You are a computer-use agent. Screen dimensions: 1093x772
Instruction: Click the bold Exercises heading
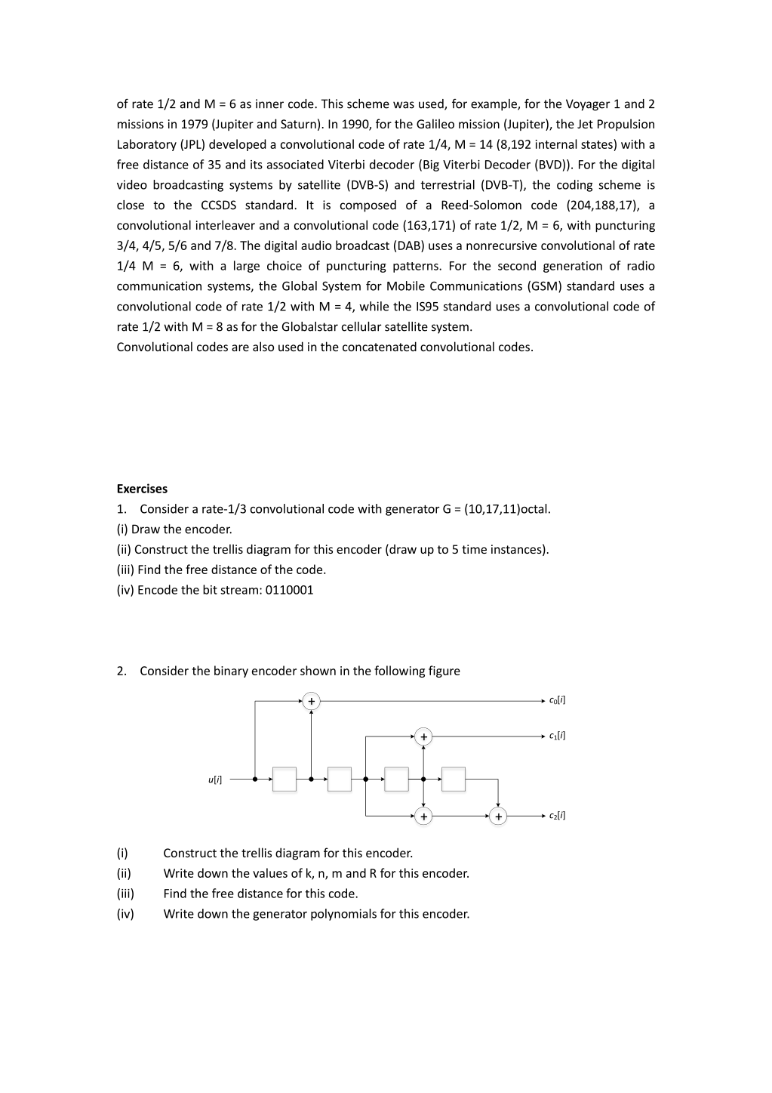tap(142, 489)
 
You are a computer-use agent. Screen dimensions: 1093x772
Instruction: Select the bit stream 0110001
tap(288, 590)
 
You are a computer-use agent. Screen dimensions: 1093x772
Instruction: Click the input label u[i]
tap(215, 779)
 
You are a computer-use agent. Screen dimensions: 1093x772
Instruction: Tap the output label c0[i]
tap(557, 700)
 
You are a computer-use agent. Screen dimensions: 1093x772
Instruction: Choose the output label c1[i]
tap(557, 736)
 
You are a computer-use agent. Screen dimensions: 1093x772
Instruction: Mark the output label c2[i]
tap(557, 816)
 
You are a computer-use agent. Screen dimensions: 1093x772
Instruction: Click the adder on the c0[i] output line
tap(311, 702)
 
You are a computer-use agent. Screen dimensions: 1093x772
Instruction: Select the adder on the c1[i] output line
tap(423, 736)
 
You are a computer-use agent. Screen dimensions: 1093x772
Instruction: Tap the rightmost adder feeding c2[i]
tap(498, 817)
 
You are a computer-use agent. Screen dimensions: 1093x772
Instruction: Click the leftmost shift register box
tap(284, 779)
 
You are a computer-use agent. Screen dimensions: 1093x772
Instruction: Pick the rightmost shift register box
tap(453, 779)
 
